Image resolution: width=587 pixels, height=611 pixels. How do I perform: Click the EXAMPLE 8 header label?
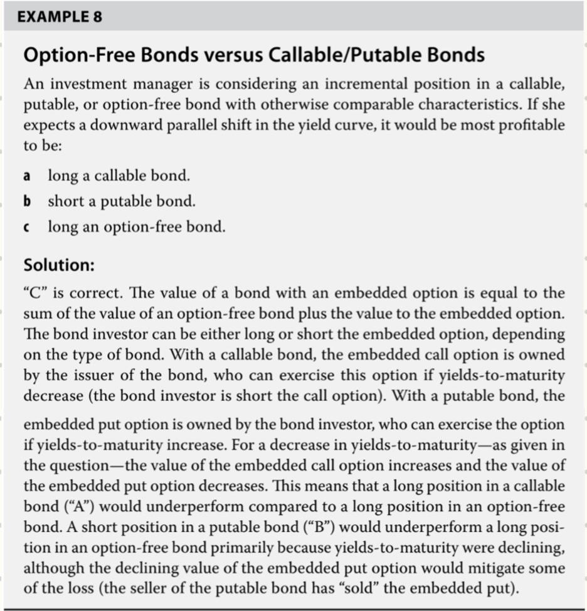(60, 17)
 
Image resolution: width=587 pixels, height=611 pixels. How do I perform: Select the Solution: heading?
(59, 265)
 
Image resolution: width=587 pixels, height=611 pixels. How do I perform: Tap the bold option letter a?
(27, 176)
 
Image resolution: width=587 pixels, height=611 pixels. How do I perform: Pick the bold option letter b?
(27, 201)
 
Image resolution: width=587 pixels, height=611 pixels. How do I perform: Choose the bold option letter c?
(27, 227)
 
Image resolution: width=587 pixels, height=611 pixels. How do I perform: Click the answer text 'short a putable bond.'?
(122, 201)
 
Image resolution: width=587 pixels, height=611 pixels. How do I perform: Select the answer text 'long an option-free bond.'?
(136, 227)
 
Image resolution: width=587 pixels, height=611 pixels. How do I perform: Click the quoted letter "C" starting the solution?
(37, 293)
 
